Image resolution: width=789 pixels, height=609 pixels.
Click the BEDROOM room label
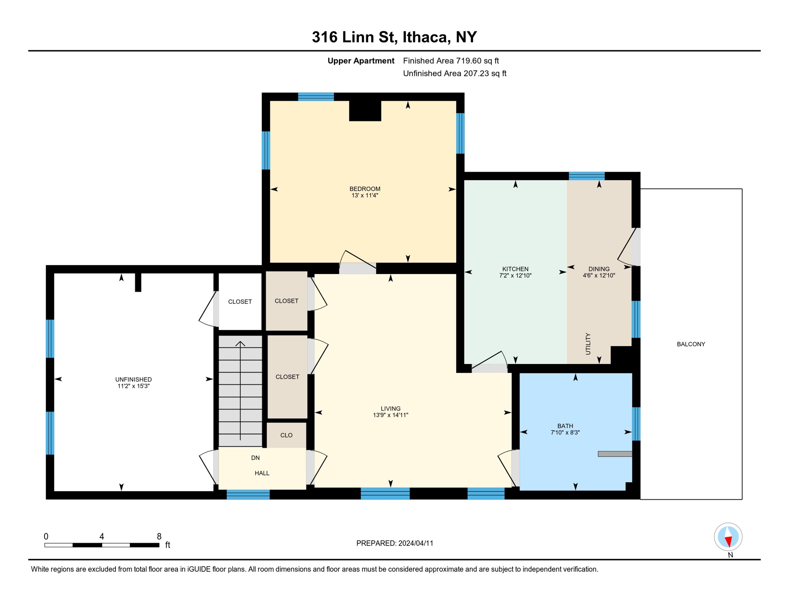point(365,189)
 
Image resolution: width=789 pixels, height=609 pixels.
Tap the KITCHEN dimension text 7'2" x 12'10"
point(515,276)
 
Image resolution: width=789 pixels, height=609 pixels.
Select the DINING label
point(599,269)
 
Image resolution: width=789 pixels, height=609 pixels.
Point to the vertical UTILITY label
point(588,344)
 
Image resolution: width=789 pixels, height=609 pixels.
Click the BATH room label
point(565,426)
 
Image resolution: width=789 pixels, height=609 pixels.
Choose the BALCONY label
point(691,344)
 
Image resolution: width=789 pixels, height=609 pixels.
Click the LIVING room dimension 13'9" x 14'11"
point(391,415)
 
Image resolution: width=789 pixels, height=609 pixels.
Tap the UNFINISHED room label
point(133,379)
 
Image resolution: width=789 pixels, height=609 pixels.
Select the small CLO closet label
point(287,435)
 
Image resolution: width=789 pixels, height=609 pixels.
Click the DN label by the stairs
point(255,458)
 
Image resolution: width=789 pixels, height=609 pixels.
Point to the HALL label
point(262,473)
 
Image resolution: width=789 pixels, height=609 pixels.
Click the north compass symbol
point(728,537)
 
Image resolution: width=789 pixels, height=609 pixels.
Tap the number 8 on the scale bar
point(159,536)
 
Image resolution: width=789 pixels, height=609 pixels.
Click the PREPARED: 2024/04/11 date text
point(395,543)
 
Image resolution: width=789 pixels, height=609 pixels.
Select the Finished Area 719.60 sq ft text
point(451,61)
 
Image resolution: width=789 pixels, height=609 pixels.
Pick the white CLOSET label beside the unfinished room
point(240,302)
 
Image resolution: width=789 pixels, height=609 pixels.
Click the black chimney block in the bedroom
point(365,111)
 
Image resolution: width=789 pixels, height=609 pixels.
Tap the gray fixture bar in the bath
point(615,454)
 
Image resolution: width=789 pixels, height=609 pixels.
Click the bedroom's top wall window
point(316,97)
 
